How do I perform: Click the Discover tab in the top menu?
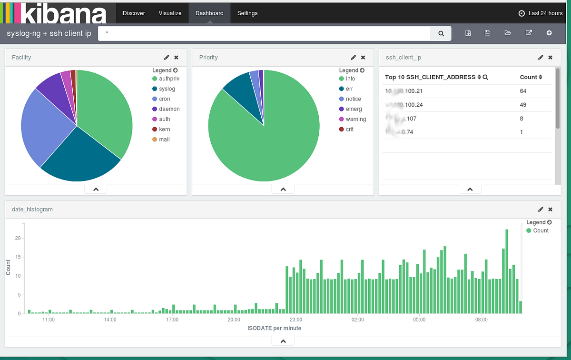click(x=134, y=13)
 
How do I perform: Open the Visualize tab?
click(x=170, y=13)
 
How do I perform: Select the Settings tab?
click(x=247, y=13)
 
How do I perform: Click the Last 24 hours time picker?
click(x=541, y=13)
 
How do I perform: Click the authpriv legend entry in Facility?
click(x=169, y=79)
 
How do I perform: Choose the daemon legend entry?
click(x=169, y=109)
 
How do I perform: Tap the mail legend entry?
click(x=164, y=140)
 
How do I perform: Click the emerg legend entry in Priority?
click(x=354, y=109)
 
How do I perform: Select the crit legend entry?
click(x=349, y=130)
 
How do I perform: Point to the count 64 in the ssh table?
click(x=523, y=91)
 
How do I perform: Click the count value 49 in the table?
click(x=523, y=105)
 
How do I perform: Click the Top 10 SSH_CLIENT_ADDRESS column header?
click(x=430, y=77)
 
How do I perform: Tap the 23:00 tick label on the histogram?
click(x=296, y=320)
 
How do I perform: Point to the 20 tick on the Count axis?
click(x=18, y=238)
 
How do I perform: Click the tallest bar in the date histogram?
click(x=507, y=271)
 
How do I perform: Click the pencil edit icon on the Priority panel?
click(x=354, y=58)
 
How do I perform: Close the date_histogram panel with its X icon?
click(x=551, y=210)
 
